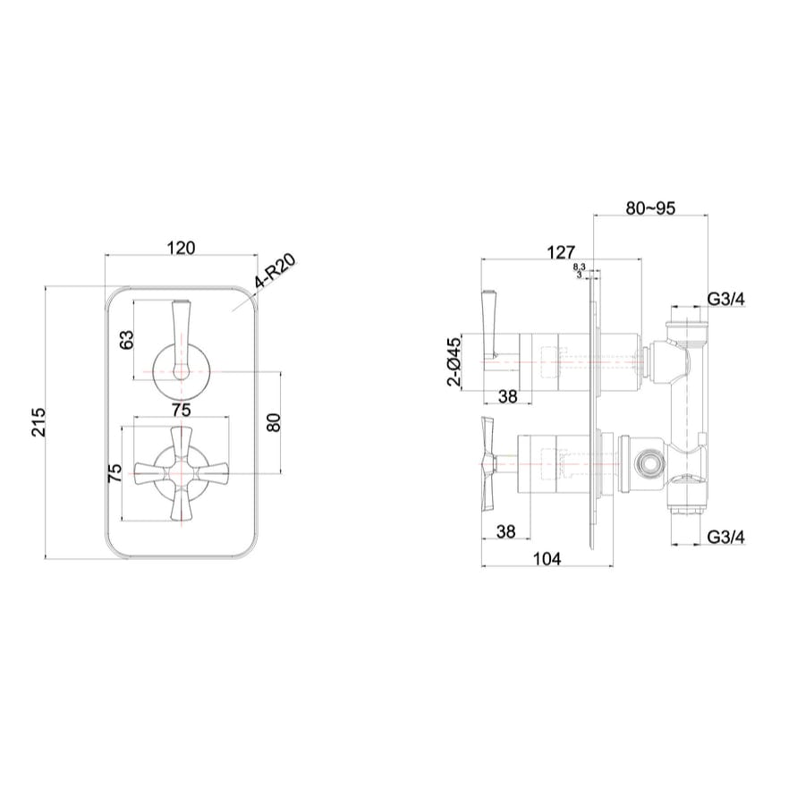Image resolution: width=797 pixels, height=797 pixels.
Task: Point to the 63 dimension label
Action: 126,339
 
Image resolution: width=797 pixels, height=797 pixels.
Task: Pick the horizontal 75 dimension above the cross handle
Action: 181,410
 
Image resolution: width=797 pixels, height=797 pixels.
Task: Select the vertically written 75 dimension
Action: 114,474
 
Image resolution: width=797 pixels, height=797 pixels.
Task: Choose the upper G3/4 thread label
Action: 725,299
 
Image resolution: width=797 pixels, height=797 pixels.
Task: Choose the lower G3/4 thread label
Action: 725,537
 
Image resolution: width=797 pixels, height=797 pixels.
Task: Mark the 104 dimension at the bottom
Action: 546,559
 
